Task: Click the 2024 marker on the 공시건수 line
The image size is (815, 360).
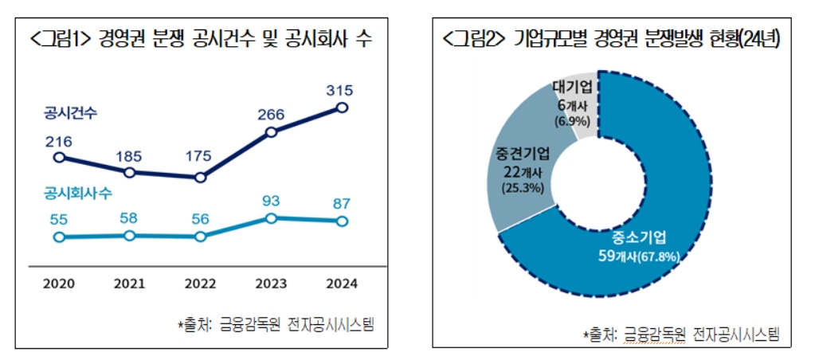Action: point(343,107)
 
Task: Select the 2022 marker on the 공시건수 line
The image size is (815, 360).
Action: point(200,178)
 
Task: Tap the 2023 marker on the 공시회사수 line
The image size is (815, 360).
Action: point(272,217)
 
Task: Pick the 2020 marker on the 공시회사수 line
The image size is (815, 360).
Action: point(58,237)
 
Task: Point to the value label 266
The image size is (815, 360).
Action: point(271,114)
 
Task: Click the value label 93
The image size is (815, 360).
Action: point(272,199)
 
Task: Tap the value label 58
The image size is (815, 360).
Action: point(129,217)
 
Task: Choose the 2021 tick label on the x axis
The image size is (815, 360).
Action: point(129,283)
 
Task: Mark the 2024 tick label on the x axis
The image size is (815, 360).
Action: point(343,283)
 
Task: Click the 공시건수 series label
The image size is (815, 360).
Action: point(71,114)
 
